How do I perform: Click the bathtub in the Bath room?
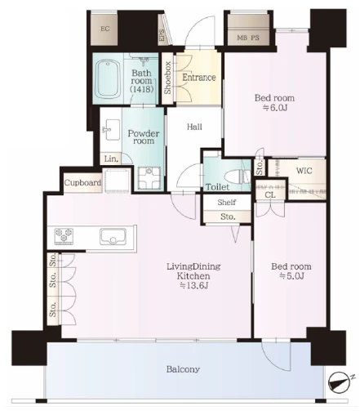(x=109, y=78)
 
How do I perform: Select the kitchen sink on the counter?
(x=113, y=236)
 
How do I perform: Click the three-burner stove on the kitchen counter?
(x=64, y=235)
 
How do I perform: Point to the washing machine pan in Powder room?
(x=149, y=178)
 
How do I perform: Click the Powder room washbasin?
(x=112, y=130)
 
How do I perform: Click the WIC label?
(x=304, y=171)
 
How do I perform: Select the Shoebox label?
(x=167, y=78)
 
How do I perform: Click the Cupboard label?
(x=82, y=182)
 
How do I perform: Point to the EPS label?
(x=162, y=35)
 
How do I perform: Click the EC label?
(x=105, y=29)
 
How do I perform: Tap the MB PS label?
(x=248, y=38)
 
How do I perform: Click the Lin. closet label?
(x=111, y=159)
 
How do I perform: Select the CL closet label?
(x=270, y=194)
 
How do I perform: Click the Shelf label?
(x=227, y=202)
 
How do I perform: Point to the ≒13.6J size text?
(x=193, y=285)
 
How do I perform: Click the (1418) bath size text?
(x=142, y=88)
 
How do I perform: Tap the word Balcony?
(x=183, y=369)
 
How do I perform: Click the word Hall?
(x=194, y=127)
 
